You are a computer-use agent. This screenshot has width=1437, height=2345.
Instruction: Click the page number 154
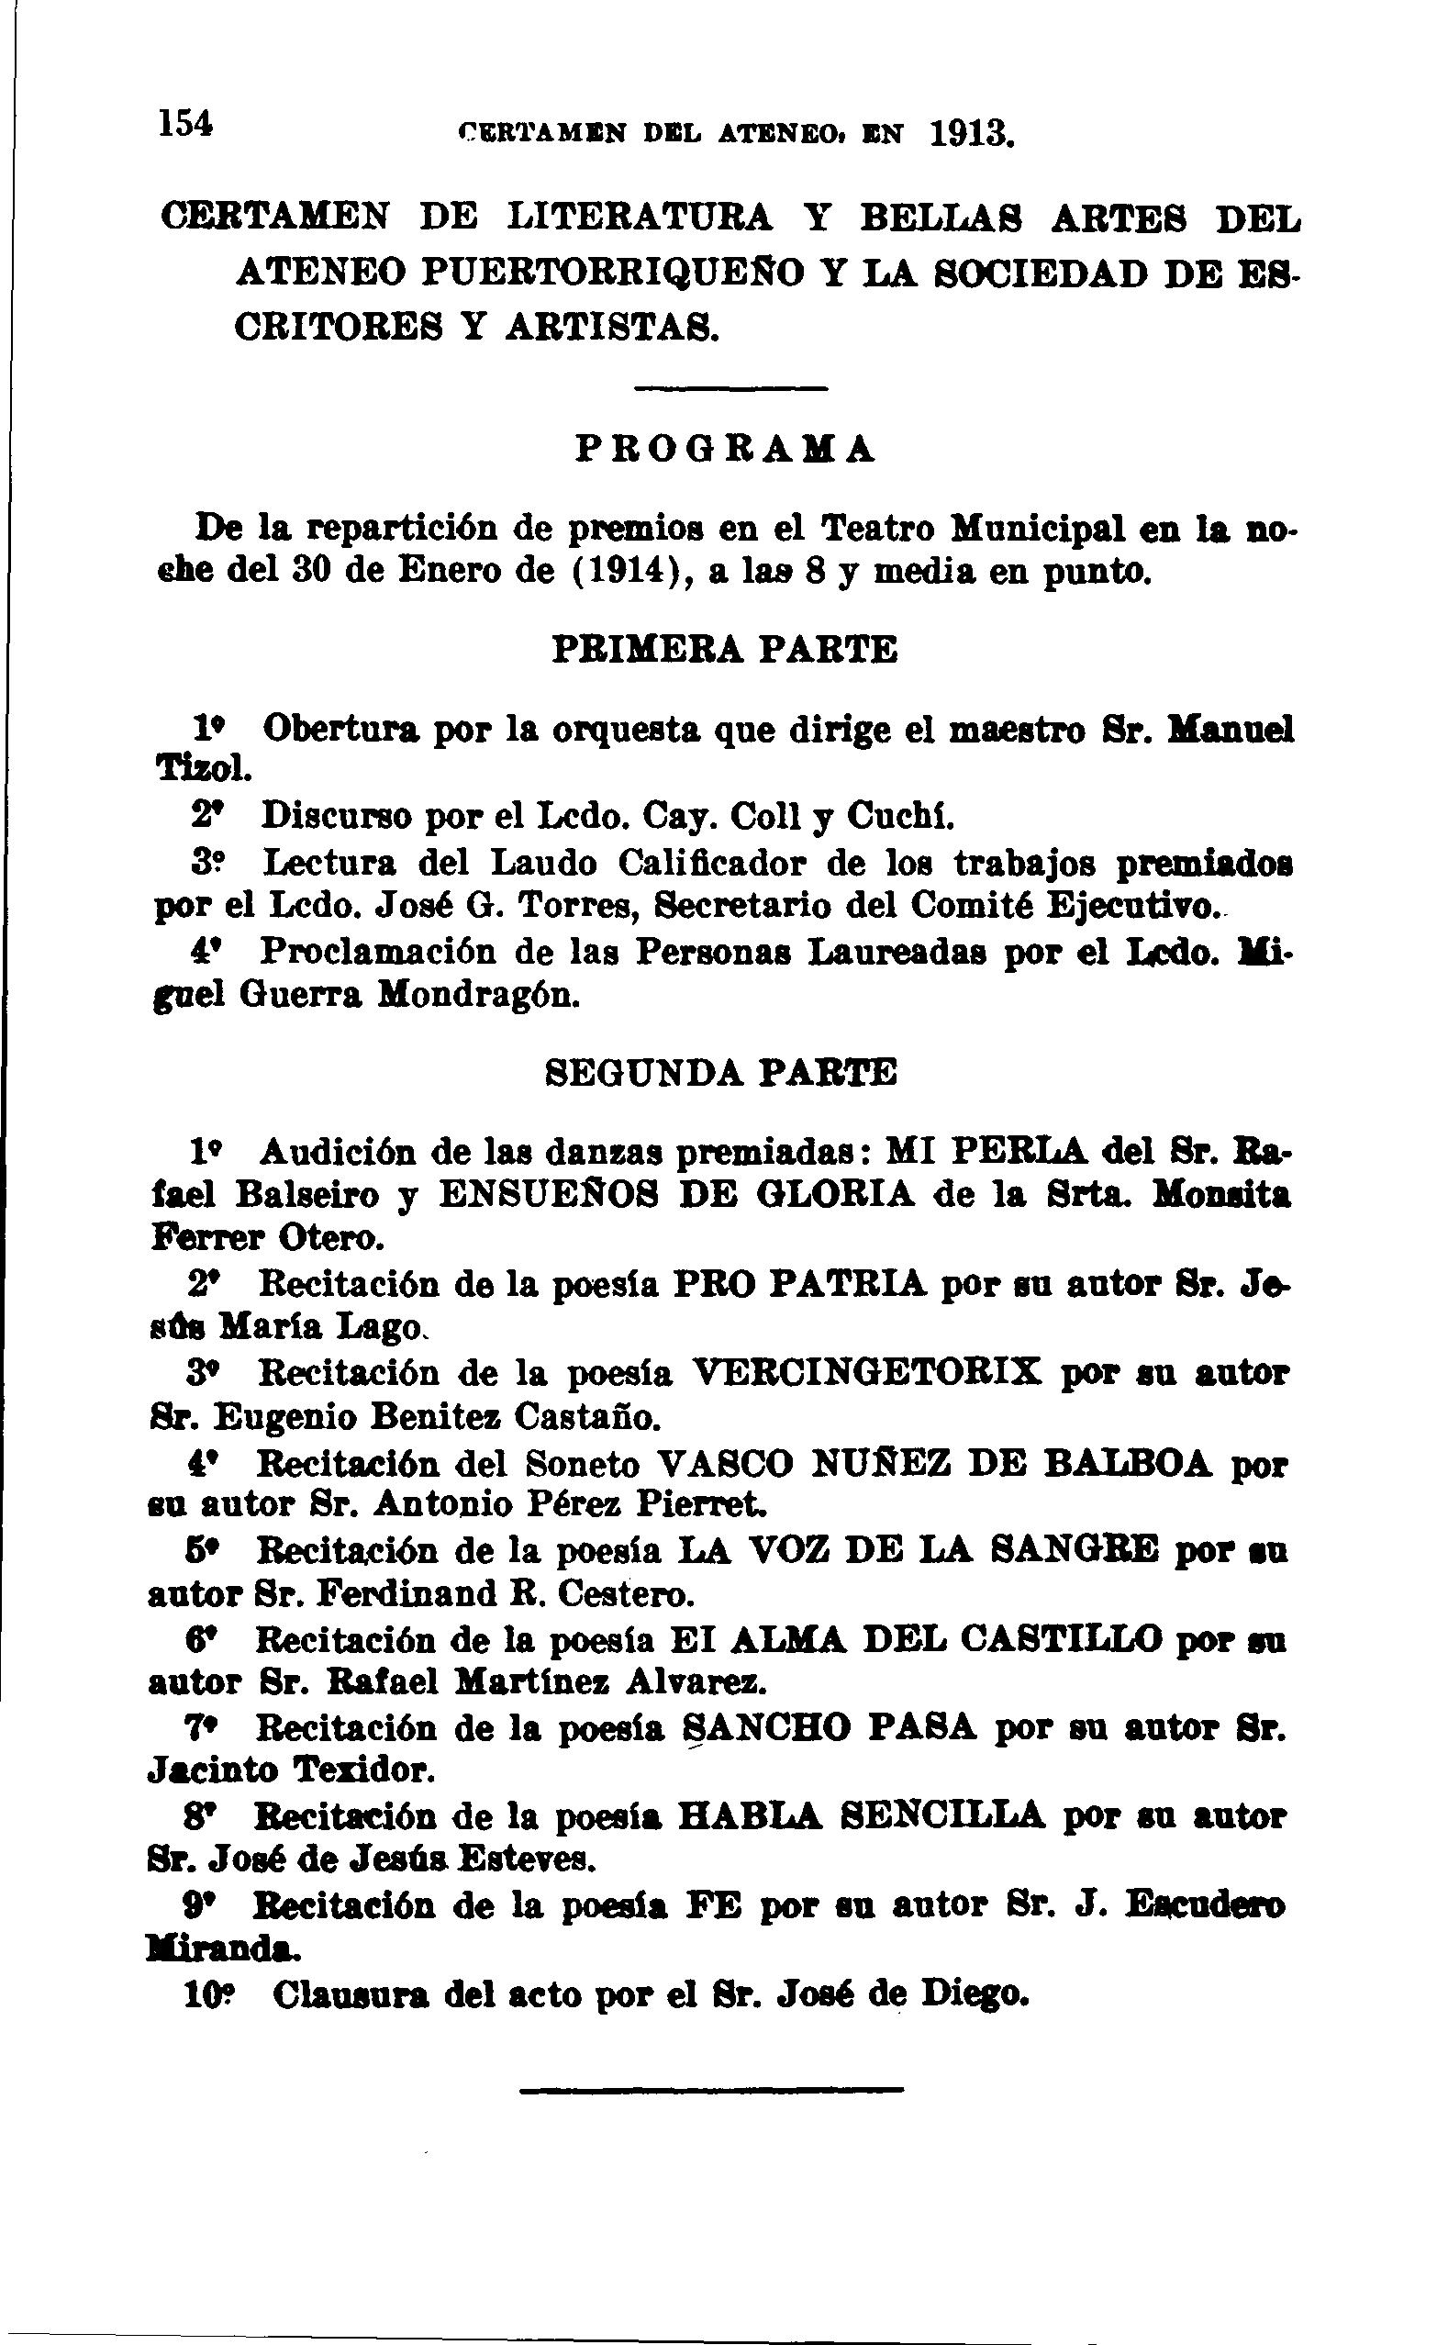pos(186,124)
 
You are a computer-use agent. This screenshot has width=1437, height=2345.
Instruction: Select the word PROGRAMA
pos(724,448)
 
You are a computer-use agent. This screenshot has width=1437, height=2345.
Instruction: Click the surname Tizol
pos(203,769)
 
